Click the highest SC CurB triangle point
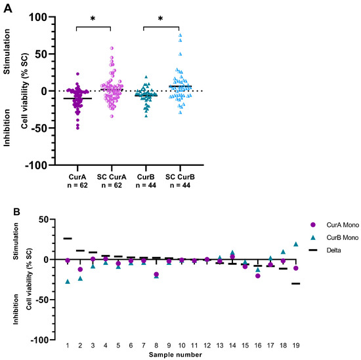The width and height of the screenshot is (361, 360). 180,35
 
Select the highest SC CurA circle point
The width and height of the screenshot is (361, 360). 112,48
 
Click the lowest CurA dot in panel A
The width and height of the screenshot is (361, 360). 77,127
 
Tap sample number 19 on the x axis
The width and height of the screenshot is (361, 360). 296,345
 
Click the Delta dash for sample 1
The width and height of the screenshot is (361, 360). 68,239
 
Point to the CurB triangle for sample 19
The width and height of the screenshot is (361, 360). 296,245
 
